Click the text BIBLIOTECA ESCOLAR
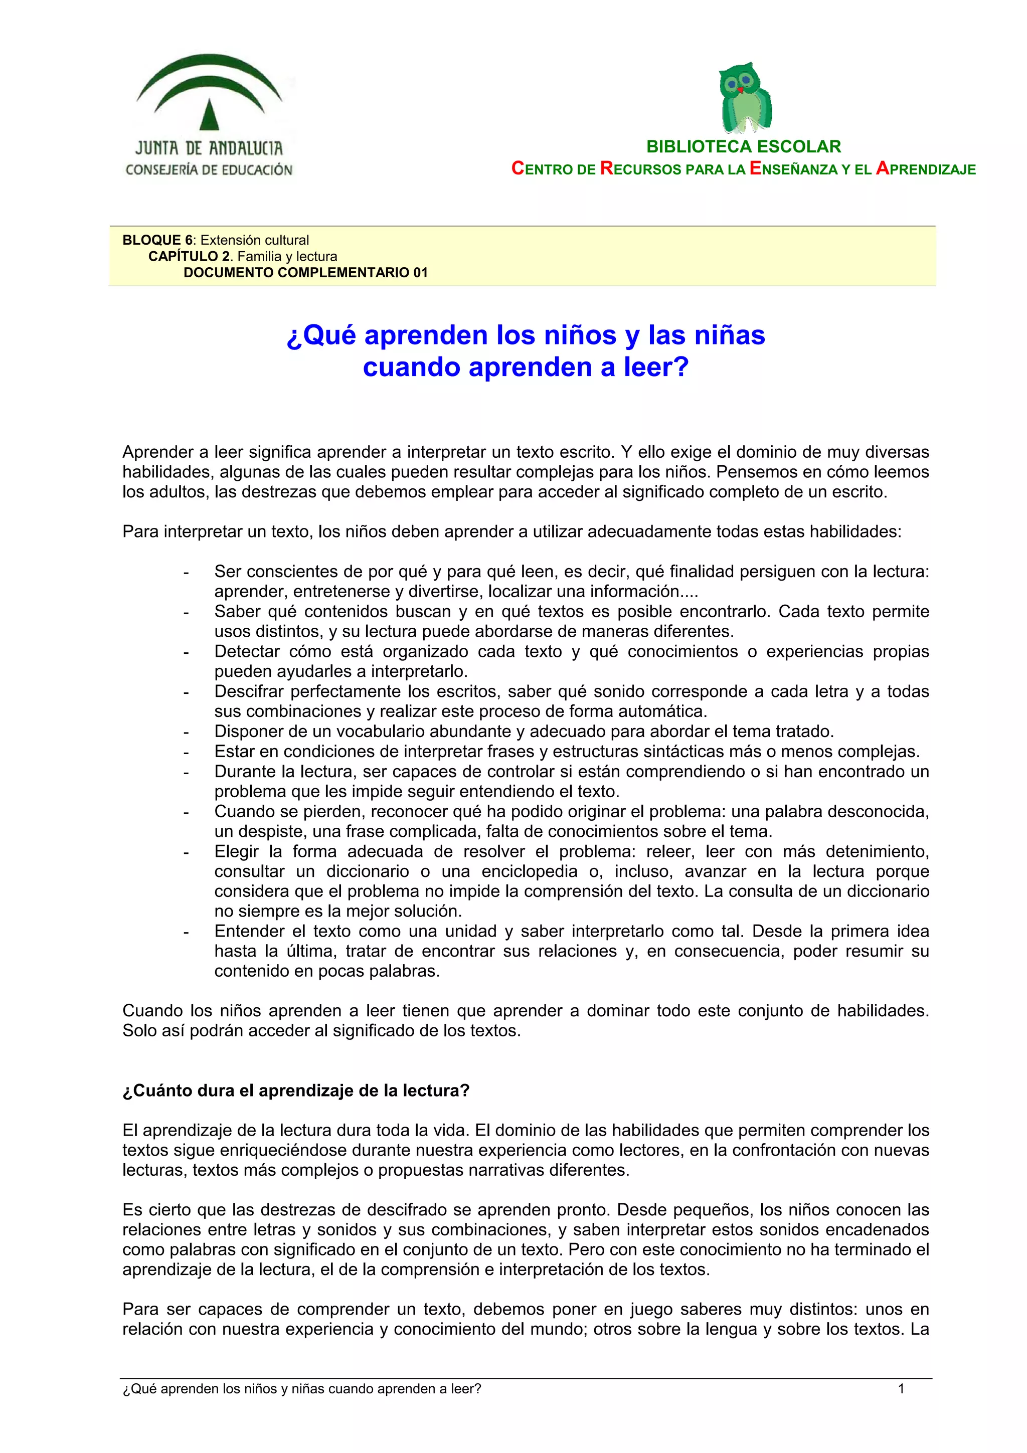tap(744, 147)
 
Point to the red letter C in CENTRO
tap(517, 168)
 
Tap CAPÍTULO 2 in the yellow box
tap(190, 256)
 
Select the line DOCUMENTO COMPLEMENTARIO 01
tap(305, 273)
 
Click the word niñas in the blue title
tap(730, 335)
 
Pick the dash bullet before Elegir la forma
tap(186, 852)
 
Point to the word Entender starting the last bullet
tap(249, 931)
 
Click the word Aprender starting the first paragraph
tap(157, 452)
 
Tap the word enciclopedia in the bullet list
tap(529, 871)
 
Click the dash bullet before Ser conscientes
tap(186, 572)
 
